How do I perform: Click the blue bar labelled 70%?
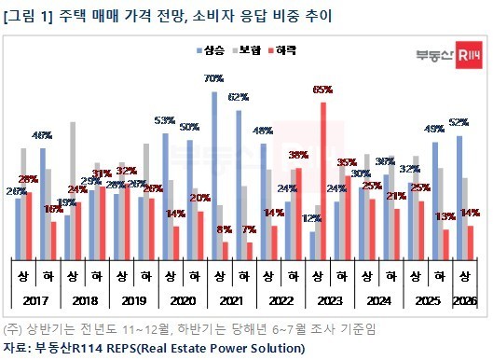click(214, 173)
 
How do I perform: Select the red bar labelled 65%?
click(322, 177)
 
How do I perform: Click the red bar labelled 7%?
click(250, 247)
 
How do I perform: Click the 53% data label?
click(165, 121)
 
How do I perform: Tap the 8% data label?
click(223, 229)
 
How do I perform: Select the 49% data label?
click(433, 129)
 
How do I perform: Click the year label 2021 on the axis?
click(228, 300)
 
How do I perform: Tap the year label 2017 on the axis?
click(34, 300)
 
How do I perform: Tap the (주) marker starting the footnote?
click(13, 328)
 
